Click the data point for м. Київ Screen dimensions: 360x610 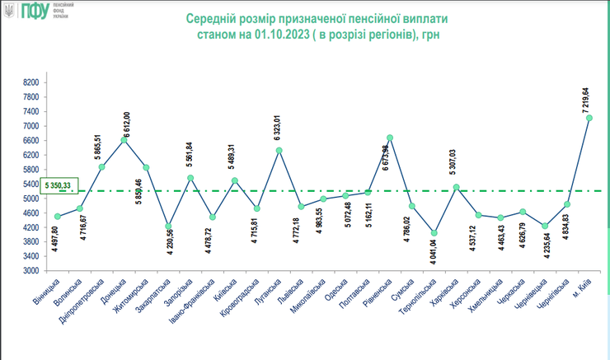[x=589, y=118]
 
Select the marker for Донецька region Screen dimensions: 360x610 [x=124, y=140]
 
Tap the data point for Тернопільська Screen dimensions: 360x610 [x=434, y=233]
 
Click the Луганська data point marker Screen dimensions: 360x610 [x=279, y=151]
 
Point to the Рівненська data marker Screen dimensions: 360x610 [x=389, y=138]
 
